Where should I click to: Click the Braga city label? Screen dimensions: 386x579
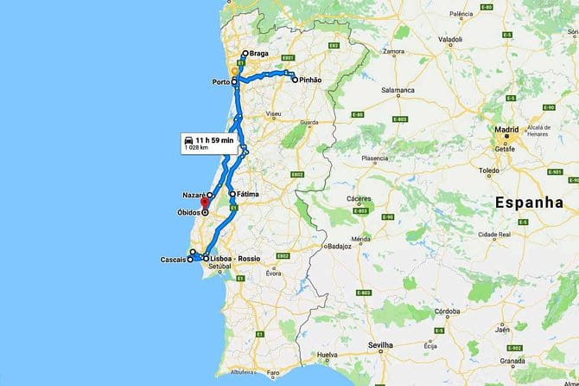259,54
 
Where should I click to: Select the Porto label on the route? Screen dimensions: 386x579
220,82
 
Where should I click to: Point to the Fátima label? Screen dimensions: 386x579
249,195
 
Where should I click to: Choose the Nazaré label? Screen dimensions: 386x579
193,196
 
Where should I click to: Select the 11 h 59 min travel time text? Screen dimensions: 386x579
214,139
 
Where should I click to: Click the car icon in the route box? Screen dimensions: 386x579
187,139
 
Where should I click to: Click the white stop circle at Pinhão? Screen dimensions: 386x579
295,80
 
